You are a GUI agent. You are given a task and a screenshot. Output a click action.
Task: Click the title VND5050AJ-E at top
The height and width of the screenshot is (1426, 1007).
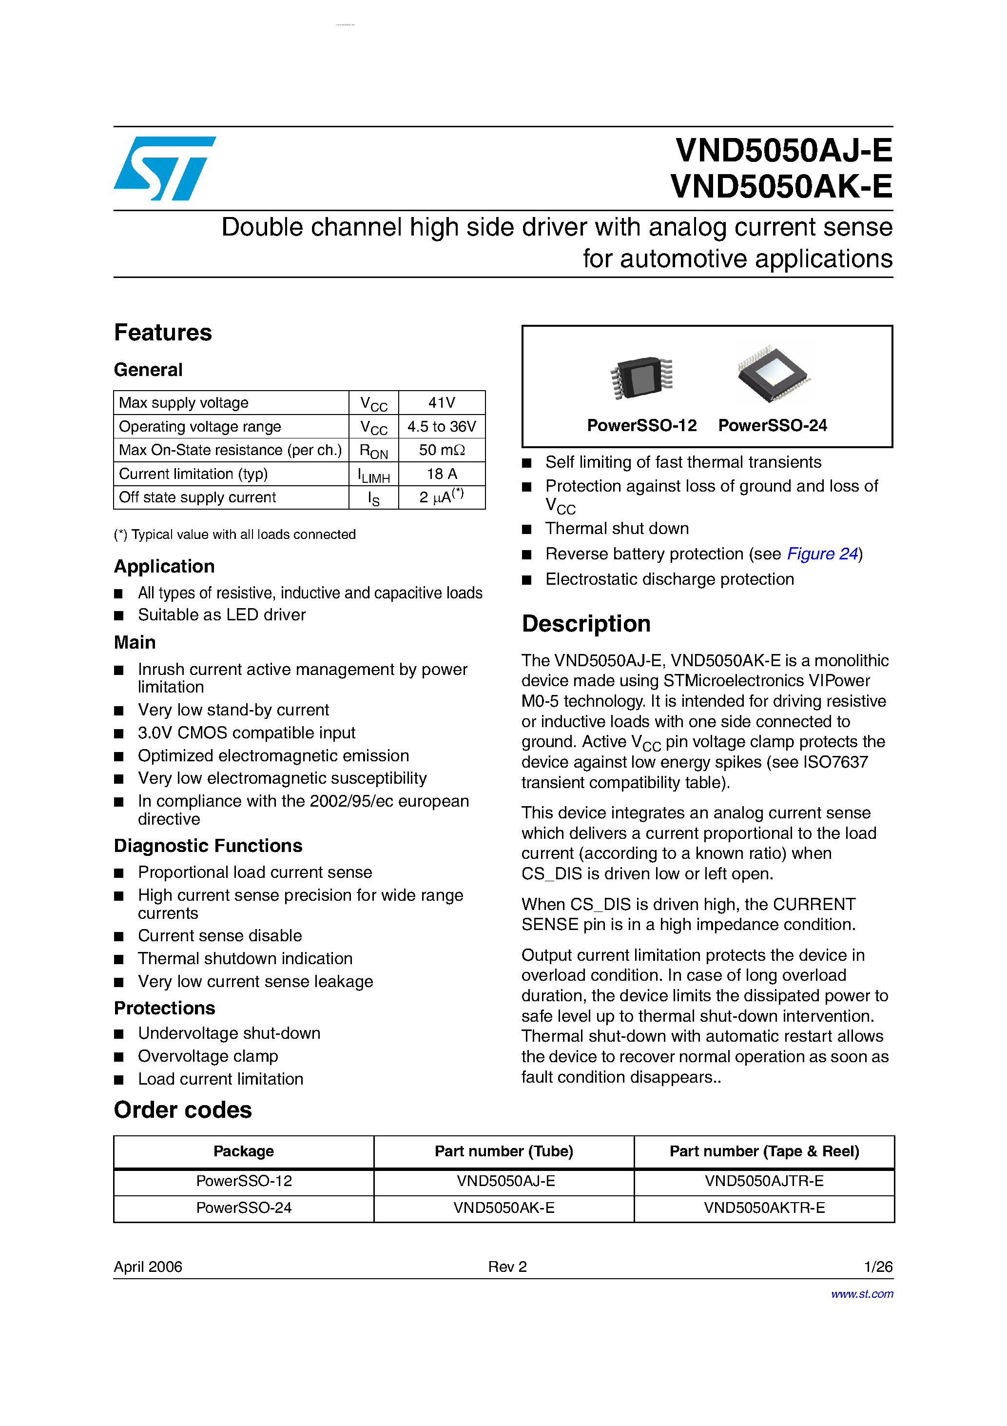click(783, 150)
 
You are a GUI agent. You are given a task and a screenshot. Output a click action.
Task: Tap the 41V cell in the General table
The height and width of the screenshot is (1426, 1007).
click(442, 402)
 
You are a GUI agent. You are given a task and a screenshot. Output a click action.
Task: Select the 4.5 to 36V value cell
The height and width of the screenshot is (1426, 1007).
click(442, 427)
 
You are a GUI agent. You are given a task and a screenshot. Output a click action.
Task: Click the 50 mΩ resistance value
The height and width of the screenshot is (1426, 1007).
click(442, 450)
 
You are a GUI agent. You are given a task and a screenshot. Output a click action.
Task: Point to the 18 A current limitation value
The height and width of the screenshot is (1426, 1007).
click(442, 474)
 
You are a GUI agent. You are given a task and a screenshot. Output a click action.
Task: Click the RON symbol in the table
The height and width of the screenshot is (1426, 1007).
click(373, 451)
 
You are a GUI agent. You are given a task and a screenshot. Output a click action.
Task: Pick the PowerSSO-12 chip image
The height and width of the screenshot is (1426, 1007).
click(642, 376)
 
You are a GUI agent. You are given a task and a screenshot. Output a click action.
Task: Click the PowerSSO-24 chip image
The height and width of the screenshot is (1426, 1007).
click(774, 373)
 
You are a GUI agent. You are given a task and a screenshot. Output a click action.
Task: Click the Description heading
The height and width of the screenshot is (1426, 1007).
click(586, 624)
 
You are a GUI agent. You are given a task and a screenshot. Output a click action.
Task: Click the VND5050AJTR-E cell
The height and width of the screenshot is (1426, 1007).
click(764, 1181)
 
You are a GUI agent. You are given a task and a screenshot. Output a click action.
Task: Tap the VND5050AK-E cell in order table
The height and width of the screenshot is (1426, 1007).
click(503, 1208)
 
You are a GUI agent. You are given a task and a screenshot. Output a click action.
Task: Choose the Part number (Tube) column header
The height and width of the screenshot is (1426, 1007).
click(503, 1151)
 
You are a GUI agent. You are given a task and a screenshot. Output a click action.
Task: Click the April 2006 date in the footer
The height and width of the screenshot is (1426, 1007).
click(148, 1267)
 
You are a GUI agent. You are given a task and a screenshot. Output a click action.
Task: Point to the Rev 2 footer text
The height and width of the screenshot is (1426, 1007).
click(507, 1267)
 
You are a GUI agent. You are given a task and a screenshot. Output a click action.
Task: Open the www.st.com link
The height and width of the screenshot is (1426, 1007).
click(862, 1294)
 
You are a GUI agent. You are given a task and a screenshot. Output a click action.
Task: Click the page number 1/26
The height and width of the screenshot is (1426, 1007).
click(878, 1267)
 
